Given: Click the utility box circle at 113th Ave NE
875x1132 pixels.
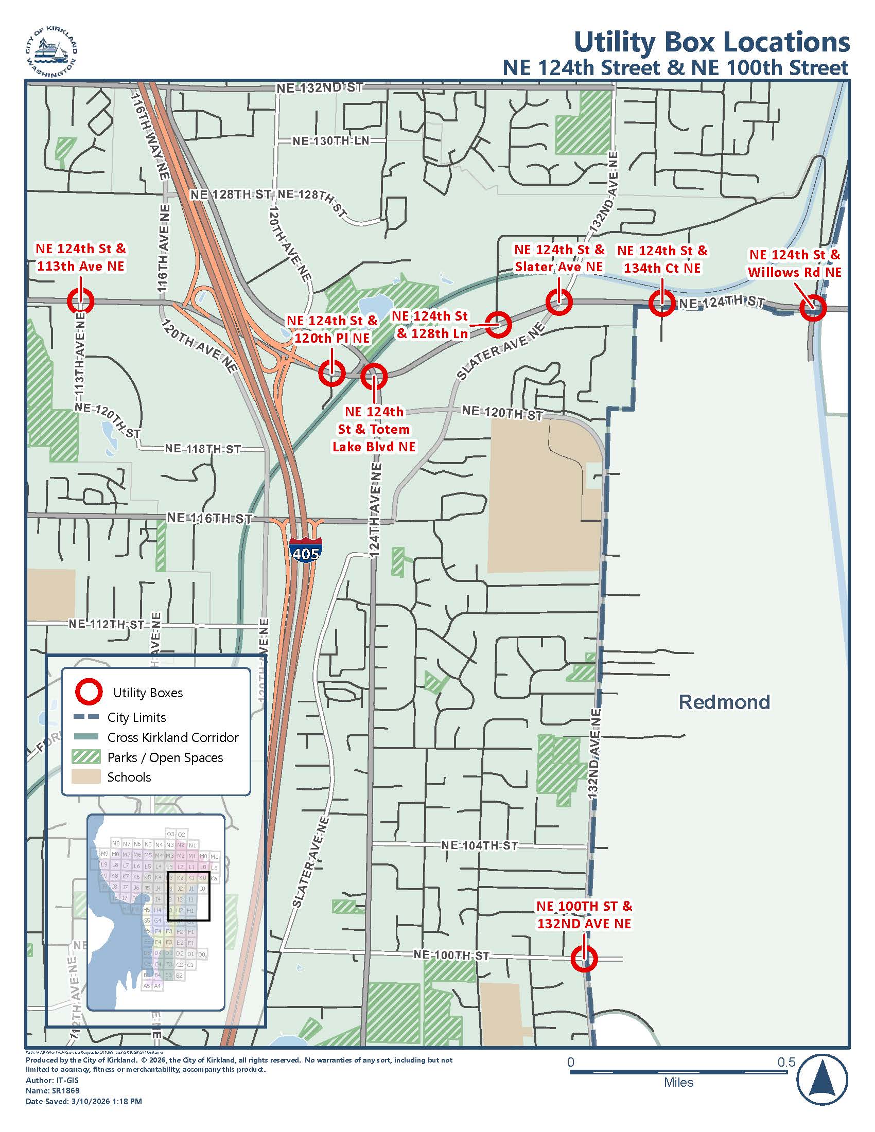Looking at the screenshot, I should coord(80,300).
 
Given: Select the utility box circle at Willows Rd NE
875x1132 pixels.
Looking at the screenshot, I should coord(812,308).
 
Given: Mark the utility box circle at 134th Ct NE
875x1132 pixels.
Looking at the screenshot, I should coord(662,303).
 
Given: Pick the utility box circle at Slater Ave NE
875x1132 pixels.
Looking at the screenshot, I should coord(559,302).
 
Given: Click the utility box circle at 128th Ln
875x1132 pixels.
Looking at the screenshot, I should coord(498,324).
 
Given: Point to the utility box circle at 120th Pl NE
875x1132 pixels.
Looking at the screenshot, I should coord(331,373).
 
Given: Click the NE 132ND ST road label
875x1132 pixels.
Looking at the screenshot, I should coord(319,87).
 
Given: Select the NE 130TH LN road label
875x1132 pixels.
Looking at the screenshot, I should coord(330,141).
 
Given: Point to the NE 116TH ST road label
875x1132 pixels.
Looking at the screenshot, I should coord(209,518).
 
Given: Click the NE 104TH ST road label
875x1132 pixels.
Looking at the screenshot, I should coord(479,845).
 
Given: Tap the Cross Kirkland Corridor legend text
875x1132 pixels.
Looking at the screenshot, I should coord(172,737).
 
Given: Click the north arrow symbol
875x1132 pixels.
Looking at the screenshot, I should coord(822,1081).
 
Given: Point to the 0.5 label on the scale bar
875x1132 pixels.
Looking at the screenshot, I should coord(786,1062).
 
